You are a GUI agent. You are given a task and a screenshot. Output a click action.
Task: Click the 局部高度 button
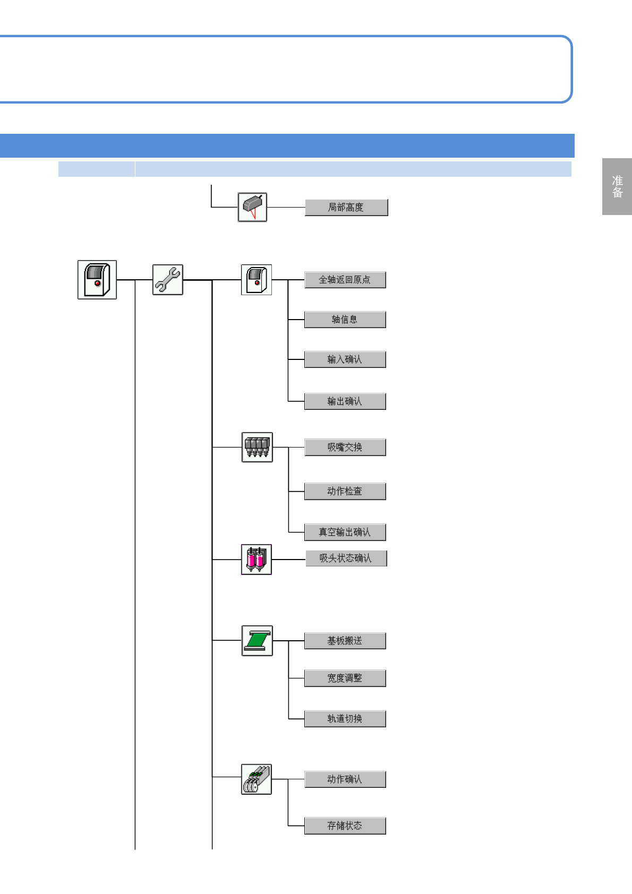pyautogui.click(x=346, y=207)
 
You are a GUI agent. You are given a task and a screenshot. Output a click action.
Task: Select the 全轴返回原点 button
pyautogui.click(x=345, y=280)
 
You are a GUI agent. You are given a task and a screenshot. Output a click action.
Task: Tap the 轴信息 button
pyautogui.click(x=345, y=320)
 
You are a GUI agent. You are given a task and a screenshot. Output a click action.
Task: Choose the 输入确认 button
pyautogui.click(x=345, y=359)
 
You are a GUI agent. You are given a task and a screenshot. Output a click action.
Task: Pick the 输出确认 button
pyautogui.click(x=345, y=401)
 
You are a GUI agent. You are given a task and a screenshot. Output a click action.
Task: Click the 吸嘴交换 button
pyautogui.click(x=345, y=448)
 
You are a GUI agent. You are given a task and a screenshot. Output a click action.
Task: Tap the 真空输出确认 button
pyautogui.click(x=345, y=532)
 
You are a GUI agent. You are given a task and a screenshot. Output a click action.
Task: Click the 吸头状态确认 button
pyautogui.click(x=346, y=558)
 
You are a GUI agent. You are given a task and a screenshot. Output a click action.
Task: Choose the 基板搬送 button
pyautogui.click(x=345, y=641)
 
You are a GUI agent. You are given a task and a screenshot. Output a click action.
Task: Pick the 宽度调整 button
pyautogui.click(x=345, y=678)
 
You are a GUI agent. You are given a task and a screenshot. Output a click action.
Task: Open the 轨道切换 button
pyautogui.click(x=345, y=719)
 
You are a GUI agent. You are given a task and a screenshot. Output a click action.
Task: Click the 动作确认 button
pyautogui.click(x=345, y=779)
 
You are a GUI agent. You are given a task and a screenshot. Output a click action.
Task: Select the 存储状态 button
pyautogui.click(x=345, y=826)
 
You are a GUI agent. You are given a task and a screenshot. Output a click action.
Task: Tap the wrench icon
pyautogui.click(x=168, y=280)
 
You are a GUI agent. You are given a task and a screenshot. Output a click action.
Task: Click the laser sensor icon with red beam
pyautogui.click(x=252, y=207)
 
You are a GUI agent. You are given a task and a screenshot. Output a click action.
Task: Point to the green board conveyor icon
pyautogui.click(x=257, y=641)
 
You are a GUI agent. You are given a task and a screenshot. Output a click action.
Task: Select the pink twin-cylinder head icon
pyautogui.click(x=257, y=560)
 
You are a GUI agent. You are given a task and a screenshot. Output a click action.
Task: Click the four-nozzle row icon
pyautogui.click(x=257, y=447)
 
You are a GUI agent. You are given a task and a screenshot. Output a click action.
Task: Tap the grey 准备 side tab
pyautogui.click(x=617, y=186)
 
